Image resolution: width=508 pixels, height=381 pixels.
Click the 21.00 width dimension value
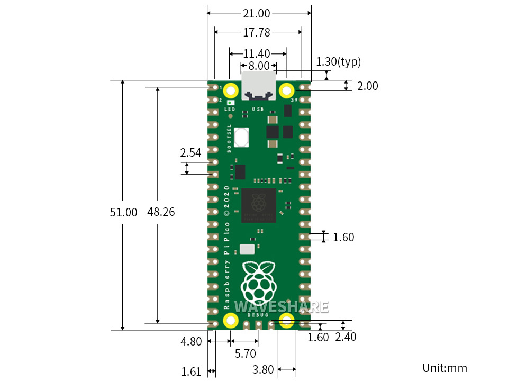(257, 13)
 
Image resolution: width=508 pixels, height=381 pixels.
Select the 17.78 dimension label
(257, 33)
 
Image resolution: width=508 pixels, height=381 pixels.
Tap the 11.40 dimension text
(257, 53)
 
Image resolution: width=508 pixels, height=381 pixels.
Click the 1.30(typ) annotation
(338, 62)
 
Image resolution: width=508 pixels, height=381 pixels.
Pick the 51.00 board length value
(123, 213)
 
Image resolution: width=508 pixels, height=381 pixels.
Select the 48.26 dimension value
(161, 212)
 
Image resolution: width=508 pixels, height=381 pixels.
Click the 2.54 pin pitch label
(190, 153)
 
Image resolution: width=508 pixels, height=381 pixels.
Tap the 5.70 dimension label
(244, 353)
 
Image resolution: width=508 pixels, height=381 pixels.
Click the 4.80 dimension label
(191, 342)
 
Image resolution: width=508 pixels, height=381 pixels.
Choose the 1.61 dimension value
(191, 371)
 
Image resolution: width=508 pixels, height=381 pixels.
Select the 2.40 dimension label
(346, 337)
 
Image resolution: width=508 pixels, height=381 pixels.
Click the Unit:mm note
(444, 368)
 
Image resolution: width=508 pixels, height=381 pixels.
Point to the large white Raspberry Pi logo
(258, 280)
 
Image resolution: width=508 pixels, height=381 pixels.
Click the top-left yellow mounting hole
(231, 90)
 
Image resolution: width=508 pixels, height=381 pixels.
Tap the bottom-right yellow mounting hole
(286, 320)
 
